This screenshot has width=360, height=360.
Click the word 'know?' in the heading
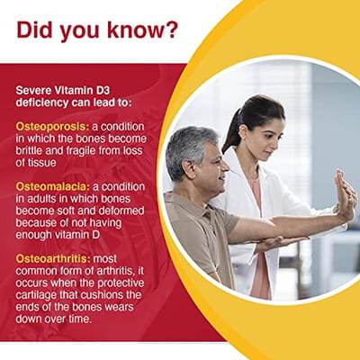coord(143,30)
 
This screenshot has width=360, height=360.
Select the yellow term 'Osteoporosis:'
coord(52,127)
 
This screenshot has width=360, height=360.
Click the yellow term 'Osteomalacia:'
coord(53,187)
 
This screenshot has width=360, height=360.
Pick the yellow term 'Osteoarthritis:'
coord(53,258)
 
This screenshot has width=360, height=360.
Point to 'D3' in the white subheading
coord(102,90)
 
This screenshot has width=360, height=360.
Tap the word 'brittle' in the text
coord(29,150)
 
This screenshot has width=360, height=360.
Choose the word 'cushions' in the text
coord(102,294)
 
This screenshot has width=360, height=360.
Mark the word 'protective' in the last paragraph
coord(121,283)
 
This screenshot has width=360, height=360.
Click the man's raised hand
coord(346,195)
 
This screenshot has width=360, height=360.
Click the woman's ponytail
coord(232,131)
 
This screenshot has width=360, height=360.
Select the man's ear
coord(189,169)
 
